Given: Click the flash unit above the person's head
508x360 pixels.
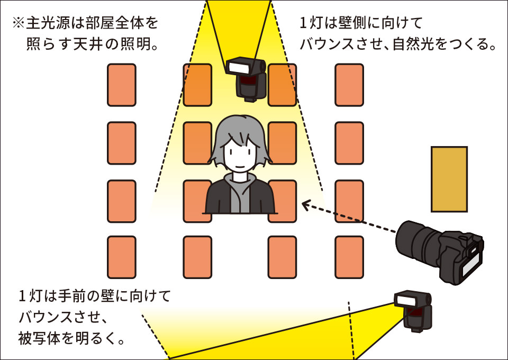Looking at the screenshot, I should (x=247, y=78).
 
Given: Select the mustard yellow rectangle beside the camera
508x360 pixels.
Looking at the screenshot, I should (x=449, y=179).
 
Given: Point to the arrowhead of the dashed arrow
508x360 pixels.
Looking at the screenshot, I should (x=304, y=203).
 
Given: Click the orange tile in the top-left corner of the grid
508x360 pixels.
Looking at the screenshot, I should (x=122, y=85).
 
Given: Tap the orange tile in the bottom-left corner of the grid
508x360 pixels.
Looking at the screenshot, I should (x=122, y=257).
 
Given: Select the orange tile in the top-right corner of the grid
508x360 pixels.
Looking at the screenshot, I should (x=349, y=85).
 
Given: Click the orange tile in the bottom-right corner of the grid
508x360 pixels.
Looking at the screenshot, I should (x=349, y=257).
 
